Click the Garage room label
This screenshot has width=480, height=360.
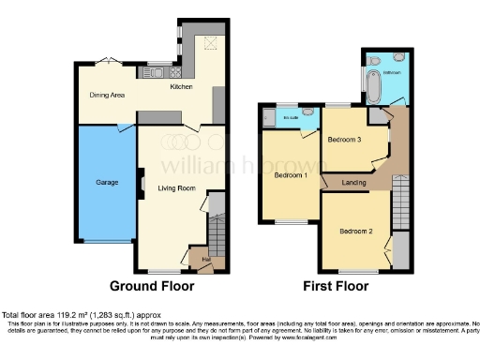[x=106, y=182]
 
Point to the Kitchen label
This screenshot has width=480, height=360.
[x=180, y=86]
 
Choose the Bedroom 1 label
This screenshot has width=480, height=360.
[x=291, y=175]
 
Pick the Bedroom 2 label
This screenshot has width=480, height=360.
[x=356, y=231]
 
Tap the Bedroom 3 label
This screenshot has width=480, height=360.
[x=344, y=140]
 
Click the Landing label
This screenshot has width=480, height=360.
[x=353, y=182]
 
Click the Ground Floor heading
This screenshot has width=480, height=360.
[x=152, y=285]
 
